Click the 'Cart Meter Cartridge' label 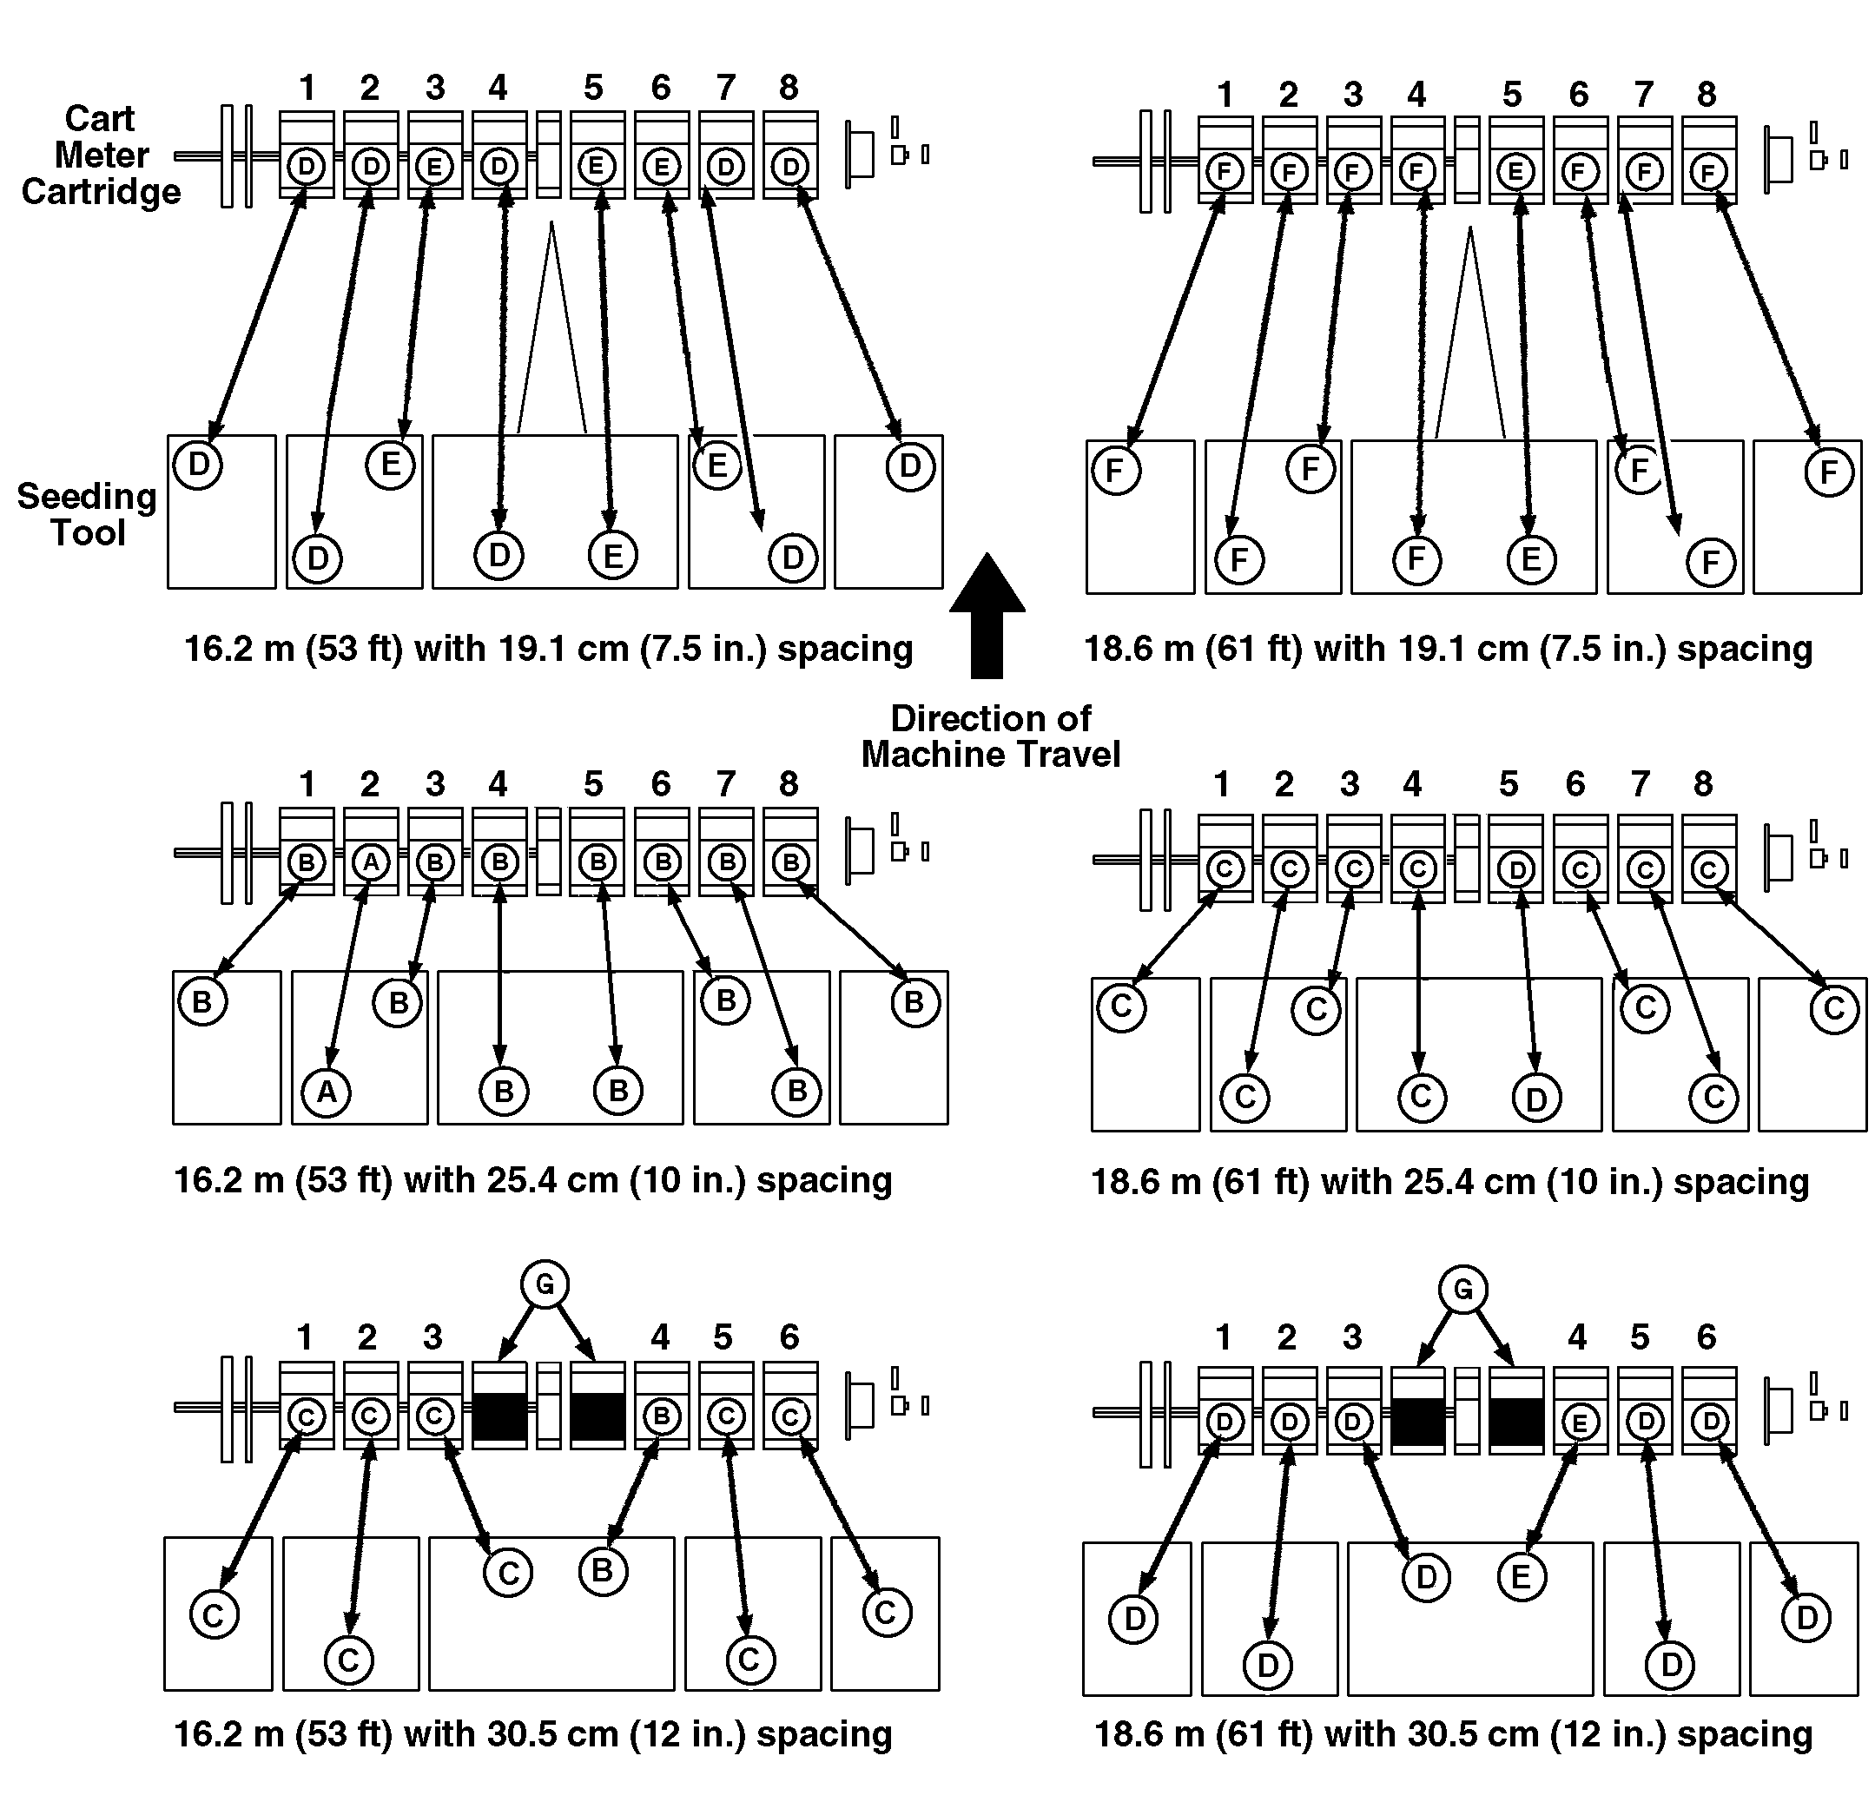pos(101,155)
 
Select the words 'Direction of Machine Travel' pos(990,736)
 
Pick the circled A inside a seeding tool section pos(327,1092)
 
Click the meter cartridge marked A pos(370,861)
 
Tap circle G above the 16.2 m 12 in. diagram pos(545,1284)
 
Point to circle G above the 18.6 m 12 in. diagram pos(1462,1290)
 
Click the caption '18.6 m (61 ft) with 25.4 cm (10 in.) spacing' pos(1449,1182)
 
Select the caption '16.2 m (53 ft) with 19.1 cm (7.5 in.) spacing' pos(548,649)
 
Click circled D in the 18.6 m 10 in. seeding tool pos(1536,1099)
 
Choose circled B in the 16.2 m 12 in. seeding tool pos(603,1569)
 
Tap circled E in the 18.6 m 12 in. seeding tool pos(1521,1575)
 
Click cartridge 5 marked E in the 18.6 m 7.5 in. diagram pos(1514,172)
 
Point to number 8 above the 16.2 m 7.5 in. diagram pos(789,88)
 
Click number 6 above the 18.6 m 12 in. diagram pos(1707,1337)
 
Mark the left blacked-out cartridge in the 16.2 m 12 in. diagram pos(499,1416)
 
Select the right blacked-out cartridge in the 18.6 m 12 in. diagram pos(1516,1422)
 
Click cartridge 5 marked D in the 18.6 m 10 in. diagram pos(1515,869)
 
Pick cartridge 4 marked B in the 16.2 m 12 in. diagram pos(661,1416)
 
